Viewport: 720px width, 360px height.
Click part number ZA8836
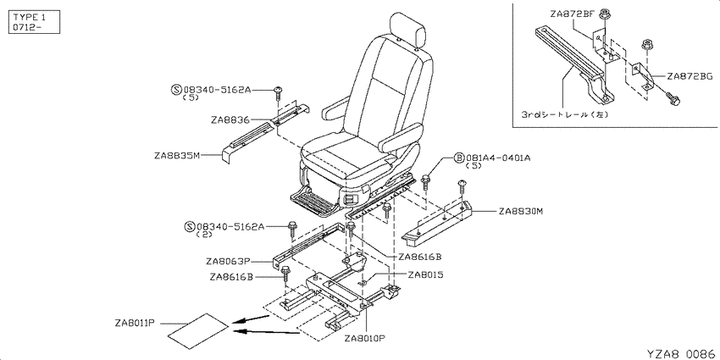230,120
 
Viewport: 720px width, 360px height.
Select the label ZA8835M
177,155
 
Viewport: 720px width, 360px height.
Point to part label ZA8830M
521,211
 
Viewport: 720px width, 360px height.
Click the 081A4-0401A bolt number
498,158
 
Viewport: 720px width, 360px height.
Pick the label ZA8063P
227,262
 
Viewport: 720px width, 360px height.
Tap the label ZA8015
425,274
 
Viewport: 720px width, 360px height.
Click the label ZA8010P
364,339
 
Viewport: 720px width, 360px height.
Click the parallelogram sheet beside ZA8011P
198,331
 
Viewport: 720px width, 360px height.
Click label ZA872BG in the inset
690,76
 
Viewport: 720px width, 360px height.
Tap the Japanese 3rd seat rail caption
565,115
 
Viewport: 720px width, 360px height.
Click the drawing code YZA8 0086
681,353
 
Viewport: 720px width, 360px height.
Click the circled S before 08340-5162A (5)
177,90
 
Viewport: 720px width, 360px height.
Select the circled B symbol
459,158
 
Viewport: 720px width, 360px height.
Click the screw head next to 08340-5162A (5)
279,90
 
